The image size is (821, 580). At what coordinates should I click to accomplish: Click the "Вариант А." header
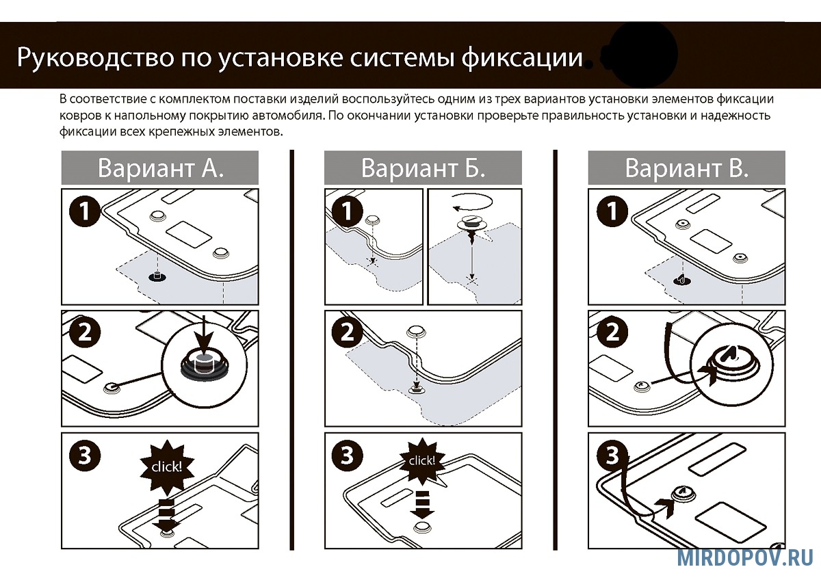pos(160,168)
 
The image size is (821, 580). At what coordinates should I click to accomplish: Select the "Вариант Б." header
pos(423,168)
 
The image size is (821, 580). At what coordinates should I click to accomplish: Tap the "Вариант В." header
pos(686,168)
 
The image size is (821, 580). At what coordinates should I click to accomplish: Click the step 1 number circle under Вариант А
pos(85,211)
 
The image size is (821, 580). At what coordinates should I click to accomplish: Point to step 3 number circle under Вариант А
pos(85,456)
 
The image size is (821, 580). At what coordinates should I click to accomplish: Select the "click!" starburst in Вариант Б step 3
pos(421,461)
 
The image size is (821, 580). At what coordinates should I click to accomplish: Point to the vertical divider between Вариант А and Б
pos(292,349)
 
